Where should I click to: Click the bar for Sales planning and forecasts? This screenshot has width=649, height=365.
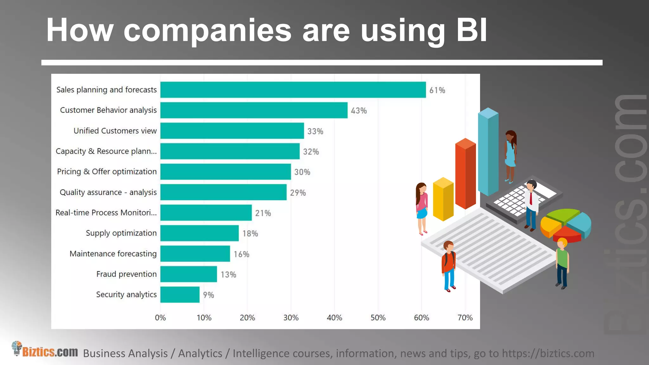coord(293,90)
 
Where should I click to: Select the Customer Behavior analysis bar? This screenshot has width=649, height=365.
coord(254,110)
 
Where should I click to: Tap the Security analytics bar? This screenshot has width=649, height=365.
coord(180,295)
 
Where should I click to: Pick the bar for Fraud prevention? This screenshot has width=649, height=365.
coord(189,274)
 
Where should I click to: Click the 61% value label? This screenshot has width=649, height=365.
coord(437,90)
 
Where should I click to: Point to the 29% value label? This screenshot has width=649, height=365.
coord(298,193)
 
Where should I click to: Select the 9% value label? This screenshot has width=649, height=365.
coord(209,295)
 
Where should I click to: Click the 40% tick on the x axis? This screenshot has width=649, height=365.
coord(334,318)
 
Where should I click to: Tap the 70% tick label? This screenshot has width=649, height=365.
coord(465,318)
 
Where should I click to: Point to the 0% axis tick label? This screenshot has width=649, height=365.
coord(160,318)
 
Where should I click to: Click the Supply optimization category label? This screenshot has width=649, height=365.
coord(121,233)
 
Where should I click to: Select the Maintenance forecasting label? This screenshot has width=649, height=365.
coord(113,254)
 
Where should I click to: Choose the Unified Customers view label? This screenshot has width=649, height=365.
coord(115,131)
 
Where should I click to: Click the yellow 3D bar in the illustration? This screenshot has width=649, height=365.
coord(443,200)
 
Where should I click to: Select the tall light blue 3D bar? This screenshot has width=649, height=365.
coord(488,152)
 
